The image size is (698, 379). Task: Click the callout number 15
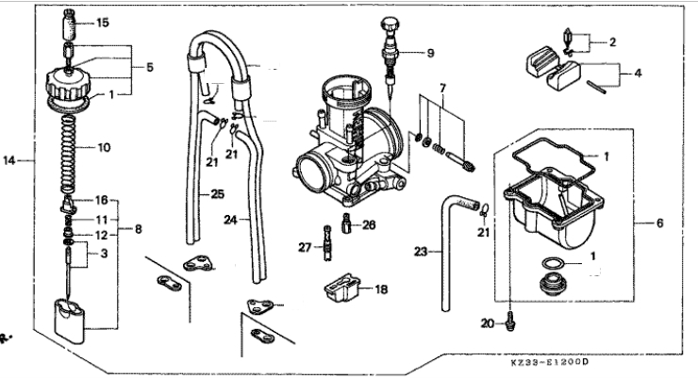click(x=103, y=23)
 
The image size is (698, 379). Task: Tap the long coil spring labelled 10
click(x=68, y=155)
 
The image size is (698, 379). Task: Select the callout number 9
click(x=430, y=53)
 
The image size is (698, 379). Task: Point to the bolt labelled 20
click(x=510, y=321)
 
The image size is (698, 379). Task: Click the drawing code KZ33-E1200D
click(x=549, y=362)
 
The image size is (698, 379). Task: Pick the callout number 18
click(x=381, y=289)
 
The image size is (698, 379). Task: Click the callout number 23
click(x=421, y=252)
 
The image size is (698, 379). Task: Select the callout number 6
click(x=659, y=222)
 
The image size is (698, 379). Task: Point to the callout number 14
click(x=9, y=160)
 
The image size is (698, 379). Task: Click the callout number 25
click(x=217, y=194)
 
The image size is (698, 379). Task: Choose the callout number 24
click(x=230, y=220)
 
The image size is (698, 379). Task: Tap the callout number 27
click(x=305, y=247)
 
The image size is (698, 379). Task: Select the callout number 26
click(x=369, y=225)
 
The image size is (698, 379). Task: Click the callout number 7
click(x=442, y=89)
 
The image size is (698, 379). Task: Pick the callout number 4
click(x=638, y=73)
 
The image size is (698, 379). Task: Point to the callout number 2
click(x=612, y=42)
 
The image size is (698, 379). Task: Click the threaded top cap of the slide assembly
click(x=68, y=86)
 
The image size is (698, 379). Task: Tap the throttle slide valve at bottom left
click(x=70, y=321)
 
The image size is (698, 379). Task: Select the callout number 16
click(x=102, y=200)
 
